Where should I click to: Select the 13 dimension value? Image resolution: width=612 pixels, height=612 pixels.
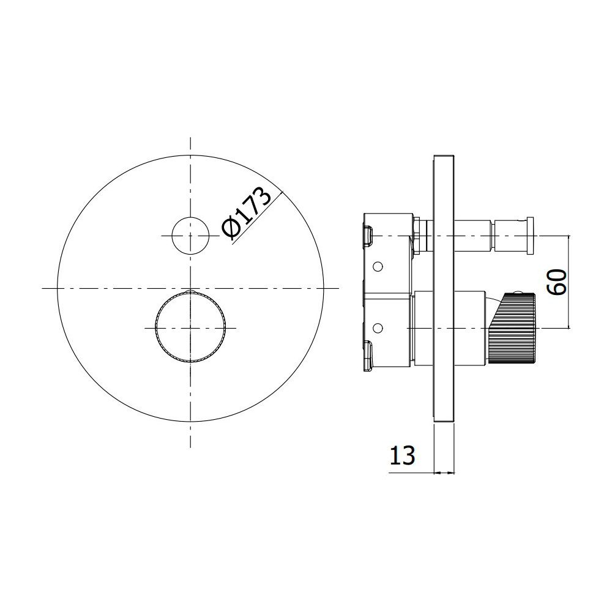[x=402, y=455]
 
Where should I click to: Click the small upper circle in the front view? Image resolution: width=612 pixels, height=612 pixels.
[x=190, y=236]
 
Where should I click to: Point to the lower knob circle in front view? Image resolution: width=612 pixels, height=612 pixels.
[x=190, y=327]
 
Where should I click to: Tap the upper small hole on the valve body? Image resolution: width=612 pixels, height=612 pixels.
[x=378, y=267]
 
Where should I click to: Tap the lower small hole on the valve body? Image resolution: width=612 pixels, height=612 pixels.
[x=378, y=328]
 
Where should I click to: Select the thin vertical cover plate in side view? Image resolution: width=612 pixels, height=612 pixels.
[x=444, y=288]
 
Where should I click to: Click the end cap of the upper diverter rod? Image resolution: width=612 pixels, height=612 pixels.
[x=529, y=236]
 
